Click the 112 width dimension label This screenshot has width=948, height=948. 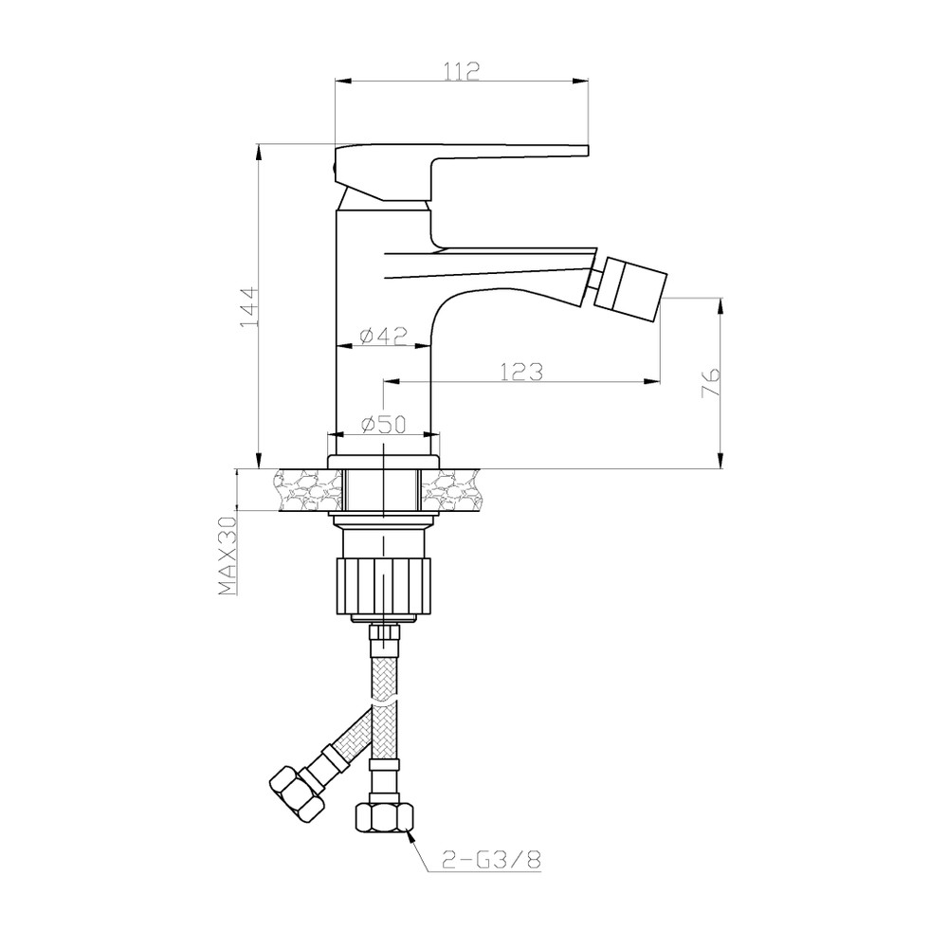pos(462,71)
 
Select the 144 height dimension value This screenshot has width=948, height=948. pos(249,306)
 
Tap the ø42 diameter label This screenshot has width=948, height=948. pos(383,335)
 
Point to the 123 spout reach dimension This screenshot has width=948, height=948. pos(521,372)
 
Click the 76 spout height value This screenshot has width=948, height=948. pos(710,382)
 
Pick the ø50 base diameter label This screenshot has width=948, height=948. pos(383,424)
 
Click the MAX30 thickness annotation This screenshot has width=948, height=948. pos(228,556)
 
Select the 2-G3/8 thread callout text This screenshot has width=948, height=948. pos(490,861)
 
